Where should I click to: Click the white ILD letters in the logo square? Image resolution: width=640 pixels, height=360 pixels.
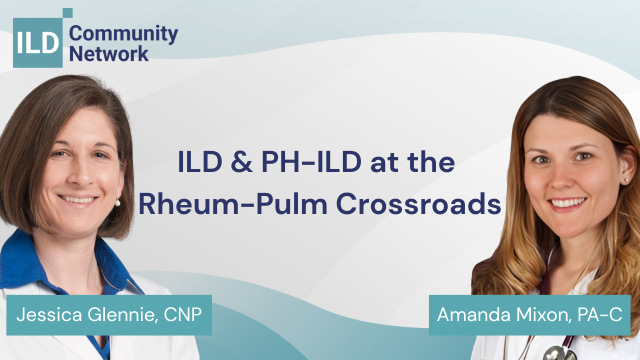tap(37, 42)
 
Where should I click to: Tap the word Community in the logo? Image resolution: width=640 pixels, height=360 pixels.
tap(123, 34)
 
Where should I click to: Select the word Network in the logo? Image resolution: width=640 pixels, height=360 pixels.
tap(109, 53)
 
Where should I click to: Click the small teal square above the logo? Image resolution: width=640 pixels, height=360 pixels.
tap(67, 13)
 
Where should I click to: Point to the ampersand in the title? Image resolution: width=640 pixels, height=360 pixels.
tap(241, 161)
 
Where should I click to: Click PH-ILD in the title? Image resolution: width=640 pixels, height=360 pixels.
tap(311, 161)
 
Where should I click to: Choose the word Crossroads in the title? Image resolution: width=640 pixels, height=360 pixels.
tap(418, 203)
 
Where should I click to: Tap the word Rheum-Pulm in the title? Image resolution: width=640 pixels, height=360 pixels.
tap(233, 203)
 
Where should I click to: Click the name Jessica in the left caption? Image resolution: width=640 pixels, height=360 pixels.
tap(49, 315)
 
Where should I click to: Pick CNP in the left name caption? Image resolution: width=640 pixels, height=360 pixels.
tap(182, 314)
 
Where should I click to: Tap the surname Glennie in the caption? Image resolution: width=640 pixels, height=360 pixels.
tap(123, 315)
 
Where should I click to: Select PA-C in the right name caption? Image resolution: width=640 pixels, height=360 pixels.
tap(599, 314)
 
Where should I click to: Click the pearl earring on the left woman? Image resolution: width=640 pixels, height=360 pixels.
tap(117, 202)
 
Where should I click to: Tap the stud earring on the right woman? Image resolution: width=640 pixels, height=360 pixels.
tap(625, 180)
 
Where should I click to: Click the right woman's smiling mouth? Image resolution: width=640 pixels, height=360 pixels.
tap(567, 203)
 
